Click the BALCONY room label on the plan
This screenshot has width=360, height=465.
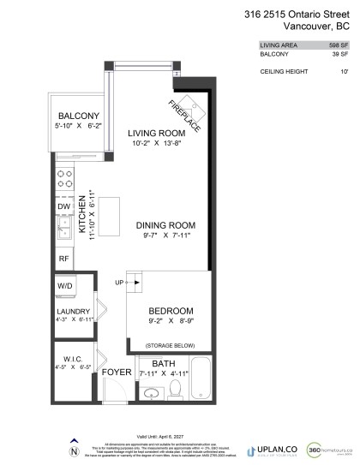[78, 116]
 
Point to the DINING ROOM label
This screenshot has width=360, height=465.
[165, 225]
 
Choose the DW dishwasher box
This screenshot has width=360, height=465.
[63, 206]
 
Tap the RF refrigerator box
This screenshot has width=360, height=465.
[63, 258]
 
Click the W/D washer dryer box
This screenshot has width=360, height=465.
[63, 285]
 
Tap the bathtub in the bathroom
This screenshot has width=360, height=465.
[200, 378]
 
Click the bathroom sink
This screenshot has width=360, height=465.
[151, 393]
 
